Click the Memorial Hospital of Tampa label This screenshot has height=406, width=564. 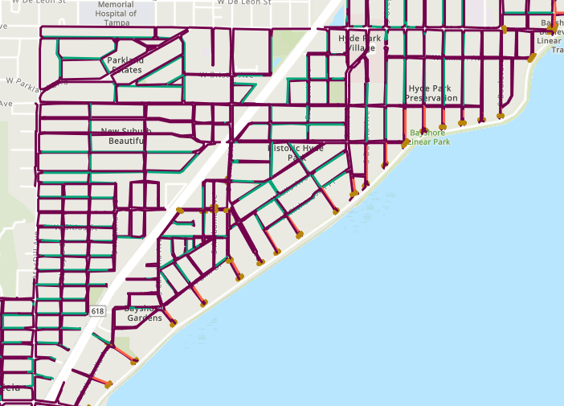[115, 10]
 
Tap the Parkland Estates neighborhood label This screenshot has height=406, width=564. [125, 65]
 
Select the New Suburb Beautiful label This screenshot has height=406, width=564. [126, 136]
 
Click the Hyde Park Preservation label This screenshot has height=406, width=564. [431, 92]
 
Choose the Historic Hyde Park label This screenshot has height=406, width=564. [296, 153]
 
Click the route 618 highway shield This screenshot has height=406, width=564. [98, 311]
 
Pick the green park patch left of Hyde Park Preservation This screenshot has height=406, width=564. [336, 92]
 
